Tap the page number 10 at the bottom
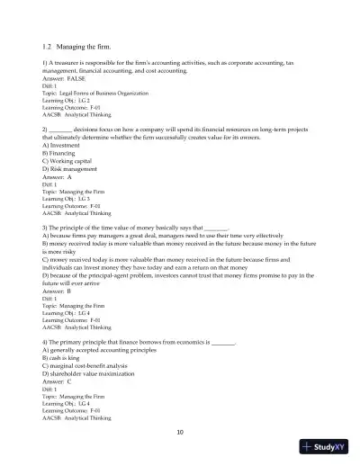coord(180,433)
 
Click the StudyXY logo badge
coord(328,446)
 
